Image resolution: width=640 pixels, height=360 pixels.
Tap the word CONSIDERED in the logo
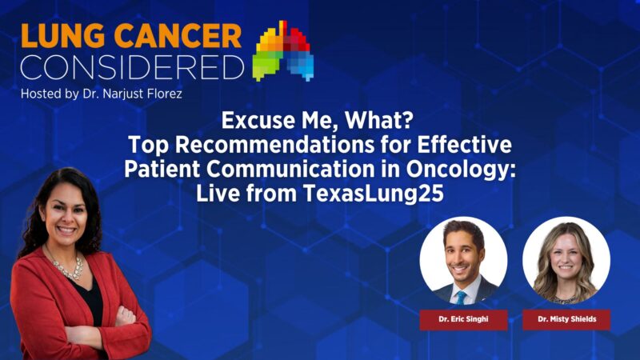point(132,67)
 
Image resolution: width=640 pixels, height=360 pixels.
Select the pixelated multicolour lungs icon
point(283,53)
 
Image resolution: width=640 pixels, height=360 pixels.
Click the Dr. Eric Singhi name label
point(462,319)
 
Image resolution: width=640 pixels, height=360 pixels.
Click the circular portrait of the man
point(462,260)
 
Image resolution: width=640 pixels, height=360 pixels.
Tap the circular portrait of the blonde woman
point(566,260)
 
